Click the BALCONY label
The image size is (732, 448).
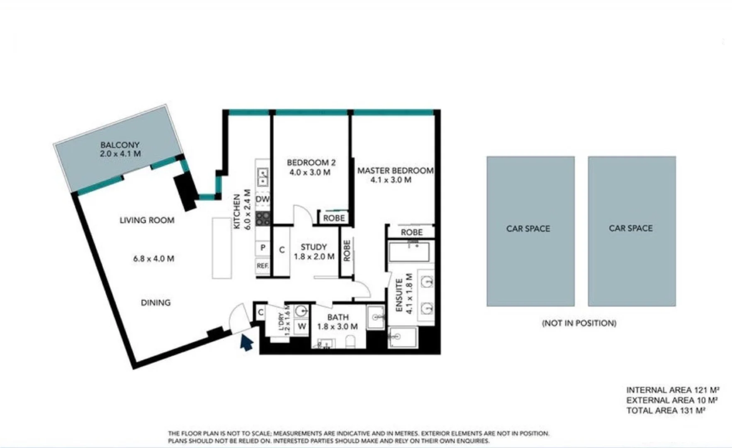point(120,145)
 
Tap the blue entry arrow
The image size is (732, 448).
point(247,343)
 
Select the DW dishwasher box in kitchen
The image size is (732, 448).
point(263,200)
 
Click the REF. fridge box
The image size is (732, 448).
point(262,266)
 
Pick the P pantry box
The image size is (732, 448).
point(263,248)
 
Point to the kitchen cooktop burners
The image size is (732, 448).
point(263,219)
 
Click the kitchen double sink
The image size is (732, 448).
point(263,177)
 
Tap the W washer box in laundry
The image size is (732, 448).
point(302,326)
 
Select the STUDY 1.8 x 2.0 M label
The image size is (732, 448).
point(314,252)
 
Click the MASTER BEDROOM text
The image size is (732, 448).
point(395,170)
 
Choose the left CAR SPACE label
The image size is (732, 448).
point(528,229)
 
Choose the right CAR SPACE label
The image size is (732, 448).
point(630,228)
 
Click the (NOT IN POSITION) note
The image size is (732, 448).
point(579,323)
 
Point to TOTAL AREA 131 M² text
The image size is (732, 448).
point(666,411)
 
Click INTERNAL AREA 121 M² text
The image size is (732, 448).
point(672,390)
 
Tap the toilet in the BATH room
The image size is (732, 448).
point(350,342)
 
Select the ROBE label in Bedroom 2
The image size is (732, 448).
point(334,218)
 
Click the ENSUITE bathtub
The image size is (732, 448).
point(409,252)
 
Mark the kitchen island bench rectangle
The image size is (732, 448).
point(222,248)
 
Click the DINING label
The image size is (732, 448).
point(156,303)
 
